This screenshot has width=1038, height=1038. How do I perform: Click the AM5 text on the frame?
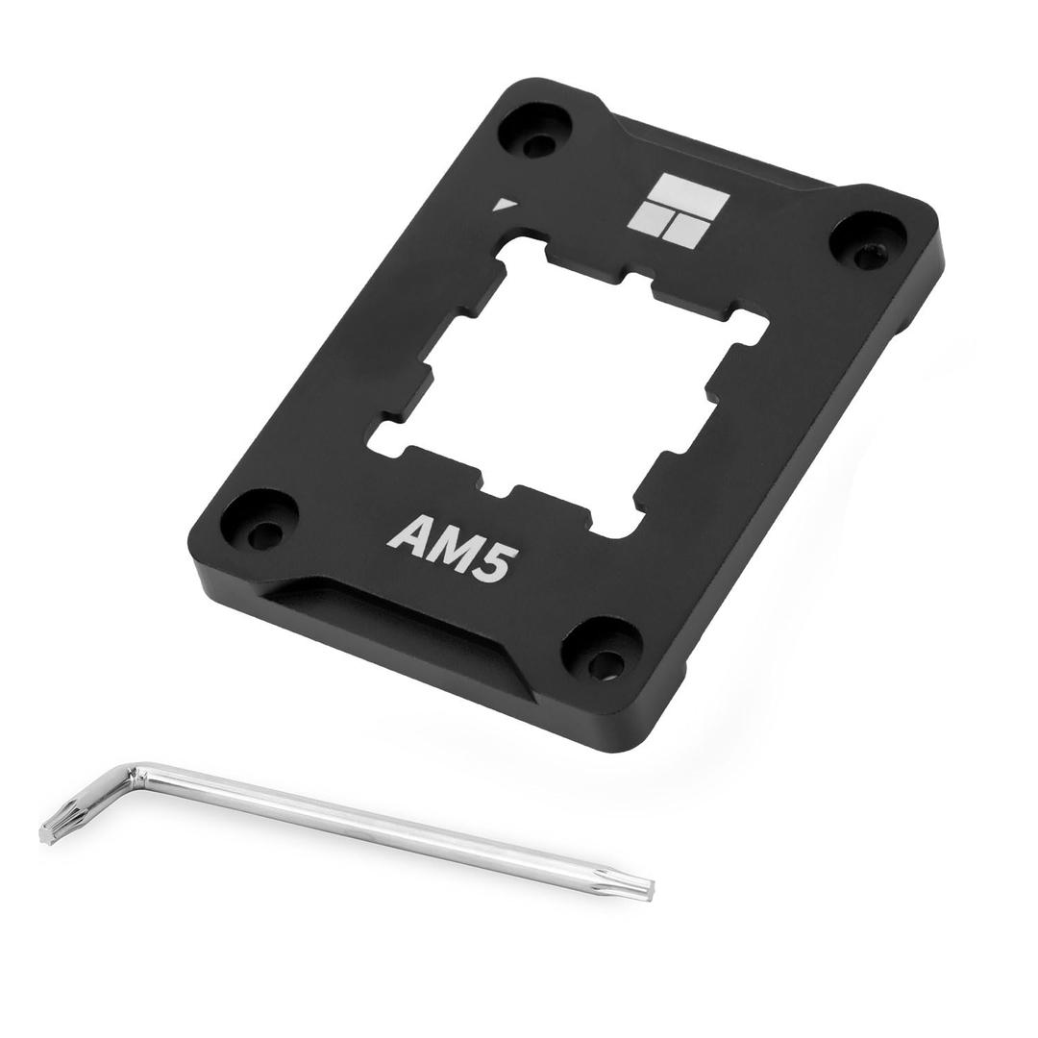pos(448,547)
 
